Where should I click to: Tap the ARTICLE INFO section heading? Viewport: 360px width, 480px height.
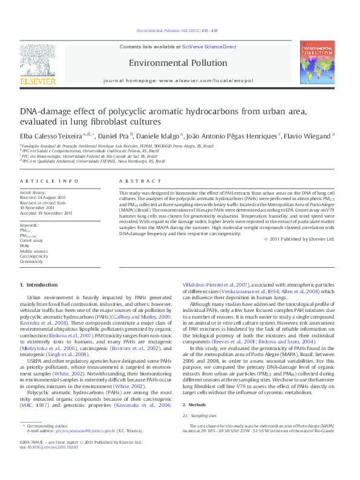[x=49, y=181]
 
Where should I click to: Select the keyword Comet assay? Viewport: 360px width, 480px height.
[x=31, y=241]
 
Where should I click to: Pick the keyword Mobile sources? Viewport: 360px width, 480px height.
[x=33, y=251]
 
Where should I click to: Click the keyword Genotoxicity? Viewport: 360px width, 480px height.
[x=31, y=261]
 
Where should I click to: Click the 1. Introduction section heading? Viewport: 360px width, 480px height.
[x=39, y=285]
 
